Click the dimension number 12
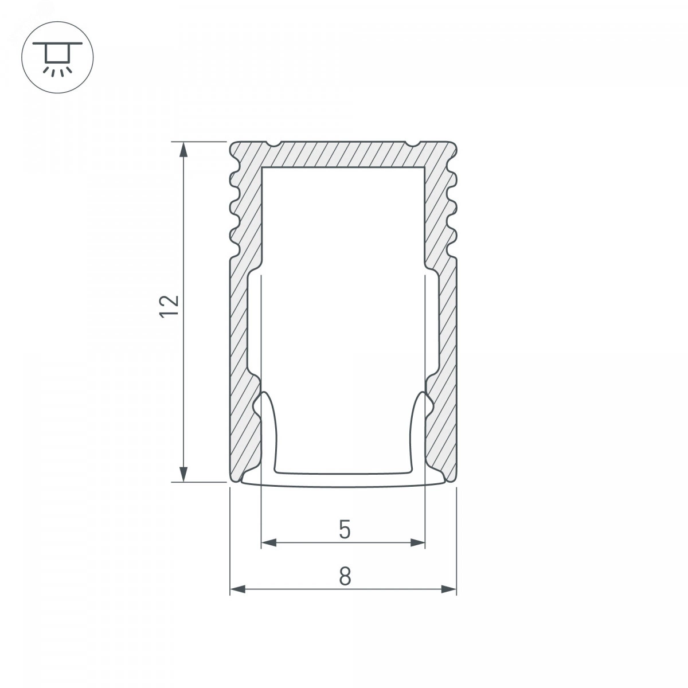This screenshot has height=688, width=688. (x=169, y=306)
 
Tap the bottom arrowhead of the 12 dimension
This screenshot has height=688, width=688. (x=183, y=474)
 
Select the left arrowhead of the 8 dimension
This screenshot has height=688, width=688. (x=238, y=589)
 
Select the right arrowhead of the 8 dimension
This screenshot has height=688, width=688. (x=448, y=589)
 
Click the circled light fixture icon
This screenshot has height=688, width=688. (x=57, y=57)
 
